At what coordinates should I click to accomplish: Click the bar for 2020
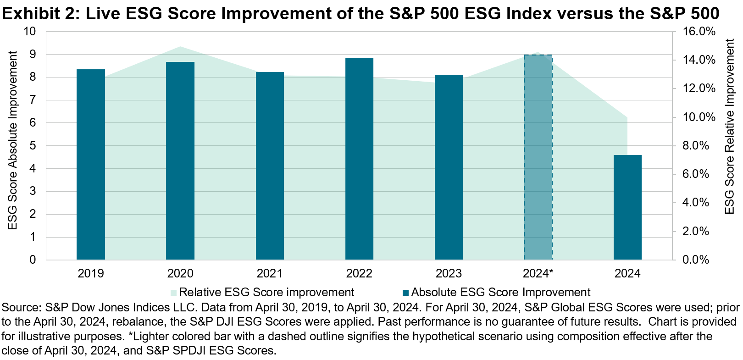click(x=180, y=161)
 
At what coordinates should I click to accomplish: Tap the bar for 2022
click(x=359, y=158)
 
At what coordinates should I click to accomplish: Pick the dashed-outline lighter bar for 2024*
click(x=538, y=157)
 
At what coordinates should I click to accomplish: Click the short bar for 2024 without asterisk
click(x=627, y=207)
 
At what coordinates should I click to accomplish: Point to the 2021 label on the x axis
click(x=270, y=273)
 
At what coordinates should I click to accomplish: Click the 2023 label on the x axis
click(x=449, y=273)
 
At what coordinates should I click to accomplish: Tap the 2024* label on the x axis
click(x=538, y=273)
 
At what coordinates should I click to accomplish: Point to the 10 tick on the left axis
click(x=30, y=32)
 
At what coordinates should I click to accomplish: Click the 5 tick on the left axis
click(x=33, y=146)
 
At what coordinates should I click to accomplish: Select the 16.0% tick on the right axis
click(x=699, y=32)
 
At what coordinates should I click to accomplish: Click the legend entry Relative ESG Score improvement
click(x=266, y=292)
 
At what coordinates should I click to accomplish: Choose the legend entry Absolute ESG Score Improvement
click(x=500, y=292)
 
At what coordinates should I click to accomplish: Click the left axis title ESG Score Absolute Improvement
click(x=13, y=140)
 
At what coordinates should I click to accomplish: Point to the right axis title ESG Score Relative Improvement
click(x=729, y=127)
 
